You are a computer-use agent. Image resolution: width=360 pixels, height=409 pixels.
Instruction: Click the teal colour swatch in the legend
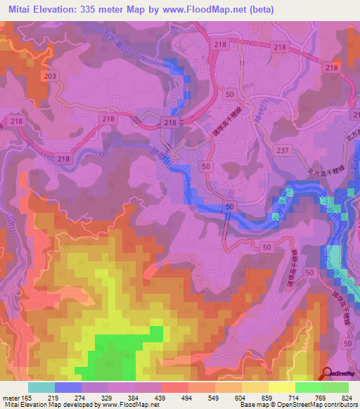tap(41, 387)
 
